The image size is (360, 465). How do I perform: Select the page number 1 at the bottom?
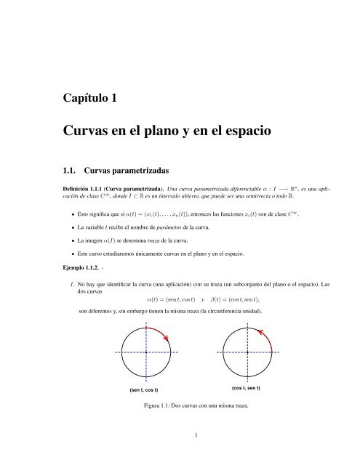click(x=197, y=437)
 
